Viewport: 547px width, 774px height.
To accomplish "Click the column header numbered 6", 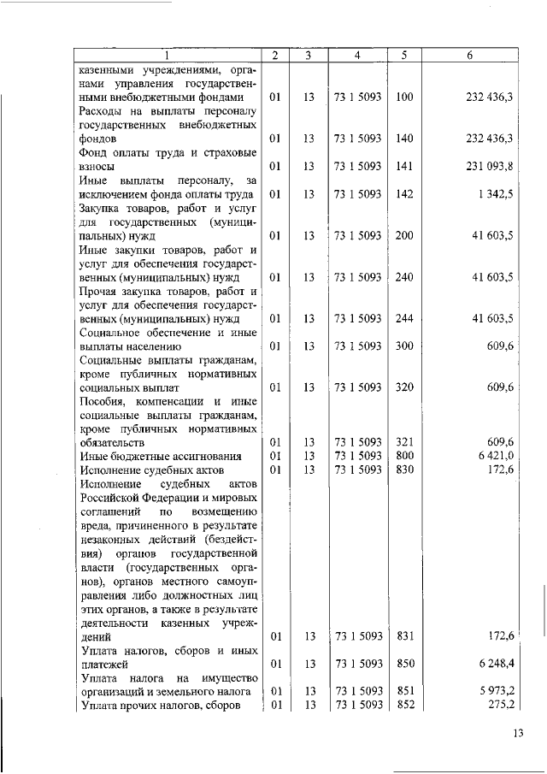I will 470,56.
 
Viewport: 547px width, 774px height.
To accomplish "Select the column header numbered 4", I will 357,56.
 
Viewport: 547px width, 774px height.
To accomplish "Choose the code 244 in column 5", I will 404,319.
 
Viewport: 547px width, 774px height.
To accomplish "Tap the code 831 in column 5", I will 404,635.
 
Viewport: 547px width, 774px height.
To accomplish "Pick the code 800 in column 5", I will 404,457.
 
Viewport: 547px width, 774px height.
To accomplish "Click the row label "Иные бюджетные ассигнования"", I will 155,457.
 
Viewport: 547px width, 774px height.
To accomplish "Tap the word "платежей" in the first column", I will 104,663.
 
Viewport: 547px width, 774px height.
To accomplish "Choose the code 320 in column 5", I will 404,387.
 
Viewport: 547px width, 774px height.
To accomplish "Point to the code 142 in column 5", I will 404,195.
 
